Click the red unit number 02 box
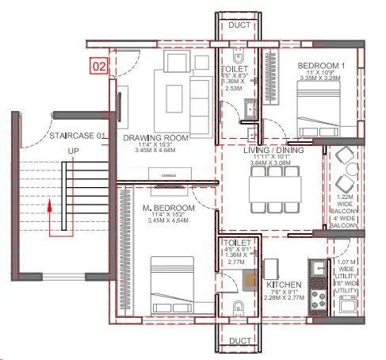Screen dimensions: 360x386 tap(98, 66)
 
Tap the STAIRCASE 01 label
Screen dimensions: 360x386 tap(77, 136)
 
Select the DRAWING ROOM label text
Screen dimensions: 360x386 tap(155, 138)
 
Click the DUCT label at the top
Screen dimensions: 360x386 tap(239, 25)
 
